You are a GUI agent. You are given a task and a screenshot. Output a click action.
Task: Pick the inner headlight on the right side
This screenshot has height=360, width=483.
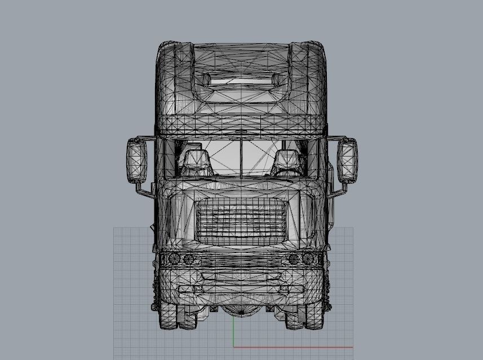tap(293, 259)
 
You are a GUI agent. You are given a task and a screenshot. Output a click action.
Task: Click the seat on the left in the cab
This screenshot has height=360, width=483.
tap(195, 163)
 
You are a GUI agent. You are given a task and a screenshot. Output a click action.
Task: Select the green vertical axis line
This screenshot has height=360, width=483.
tap(234, 332)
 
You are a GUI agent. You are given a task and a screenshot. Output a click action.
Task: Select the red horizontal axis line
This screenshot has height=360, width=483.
tap(293, 347)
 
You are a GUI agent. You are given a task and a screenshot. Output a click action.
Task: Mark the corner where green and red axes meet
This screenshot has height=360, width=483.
tap(234, 347)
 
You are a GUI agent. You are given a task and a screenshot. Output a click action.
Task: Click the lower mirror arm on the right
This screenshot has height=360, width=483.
tap(336, 192)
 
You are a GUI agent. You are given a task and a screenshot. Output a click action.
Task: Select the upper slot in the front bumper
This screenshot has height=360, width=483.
tap(241, 277)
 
